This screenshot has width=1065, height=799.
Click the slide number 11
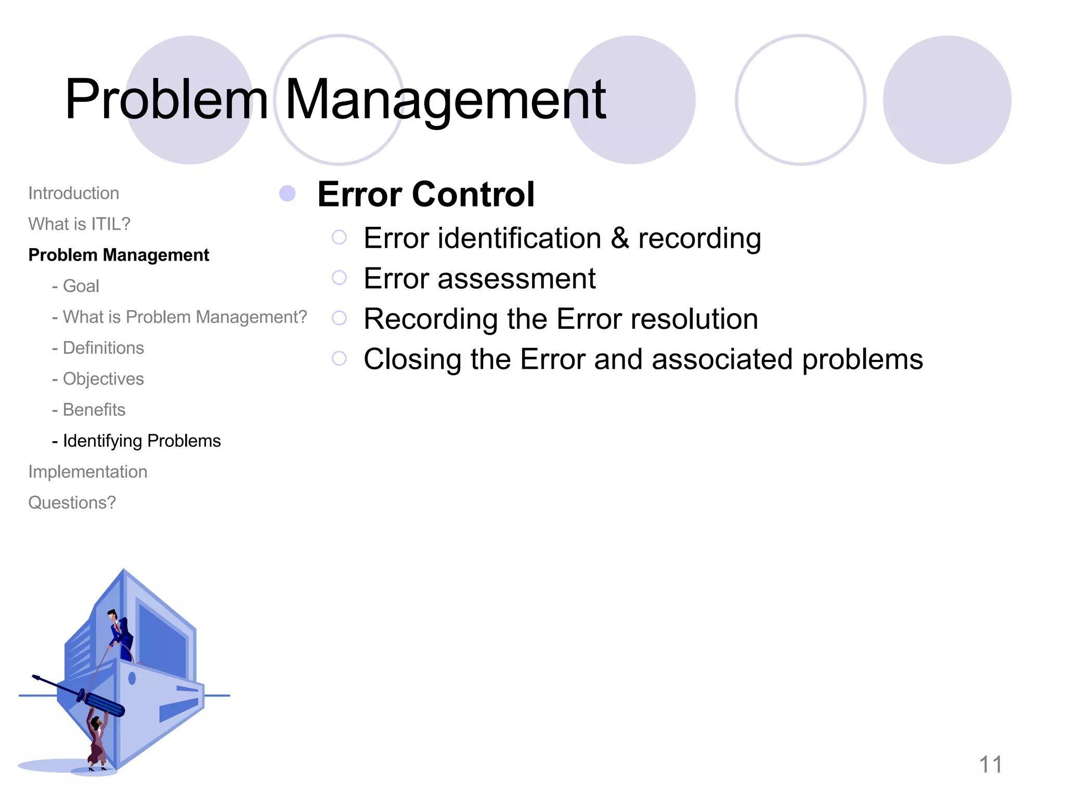tap(990, 765)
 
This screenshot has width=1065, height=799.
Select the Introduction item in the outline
tap(74, 194)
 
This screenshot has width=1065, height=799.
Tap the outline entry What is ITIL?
tap(79, 224)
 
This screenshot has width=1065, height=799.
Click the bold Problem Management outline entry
tap(119, 255)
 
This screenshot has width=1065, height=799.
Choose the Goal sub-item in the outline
tap(81, 286)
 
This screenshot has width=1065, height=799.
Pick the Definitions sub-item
tap(103, 348)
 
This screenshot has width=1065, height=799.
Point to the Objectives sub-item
tap(103, 379)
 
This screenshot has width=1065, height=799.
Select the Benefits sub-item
tap(94, 410)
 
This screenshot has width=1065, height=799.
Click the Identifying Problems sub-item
tap(141, 441)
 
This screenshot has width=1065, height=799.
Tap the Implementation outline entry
tap(88, 472)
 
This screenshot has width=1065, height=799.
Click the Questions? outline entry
tap(72, 503)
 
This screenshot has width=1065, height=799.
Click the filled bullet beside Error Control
tap(287, 194)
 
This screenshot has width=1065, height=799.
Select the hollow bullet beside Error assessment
tap(339, 278)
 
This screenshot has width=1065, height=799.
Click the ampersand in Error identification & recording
tap(619, 238)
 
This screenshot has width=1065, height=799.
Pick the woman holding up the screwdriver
tap(97, 741)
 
